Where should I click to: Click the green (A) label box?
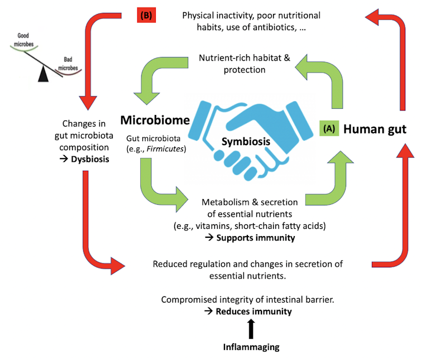pyautogui.click(x=329, y=129)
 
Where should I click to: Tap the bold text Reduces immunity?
pyautogui.click(x=254, y=311)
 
